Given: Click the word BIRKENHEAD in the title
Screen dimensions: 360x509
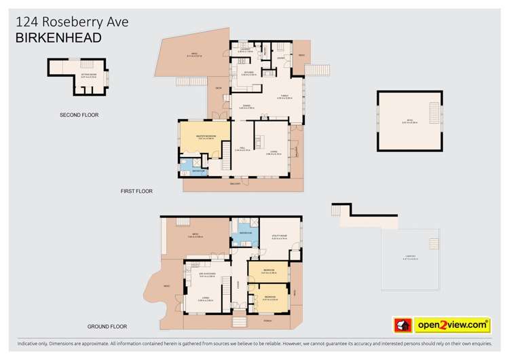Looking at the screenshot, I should coord(58,38).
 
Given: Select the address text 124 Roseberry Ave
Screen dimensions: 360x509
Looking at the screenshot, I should coord(71,22).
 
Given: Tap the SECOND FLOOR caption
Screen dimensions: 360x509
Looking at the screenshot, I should coord(79,115).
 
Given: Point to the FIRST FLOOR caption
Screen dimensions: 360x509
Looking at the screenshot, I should coord(136,192).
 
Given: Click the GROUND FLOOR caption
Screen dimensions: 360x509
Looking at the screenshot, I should coord(109,327).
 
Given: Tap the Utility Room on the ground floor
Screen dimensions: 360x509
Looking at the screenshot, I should coord(280,238).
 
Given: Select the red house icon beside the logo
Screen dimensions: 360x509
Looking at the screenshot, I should coord(403,325).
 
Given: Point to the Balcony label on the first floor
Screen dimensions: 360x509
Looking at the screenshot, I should coord(235,183).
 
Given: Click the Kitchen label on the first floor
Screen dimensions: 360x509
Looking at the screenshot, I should coord(249,73).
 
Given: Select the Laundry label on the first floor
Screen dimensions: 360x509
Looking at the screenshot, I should coord(245,50).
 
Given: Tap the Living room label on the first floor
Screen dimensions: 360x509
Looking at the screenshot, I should coord(274,154).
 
